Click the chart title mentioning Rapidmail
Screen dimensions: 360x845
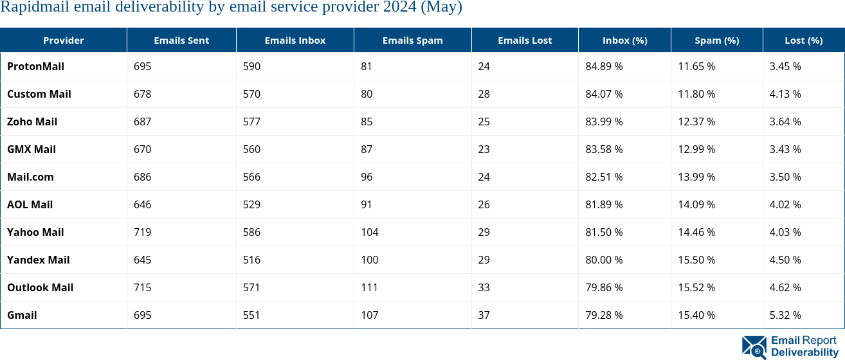pos(231,8)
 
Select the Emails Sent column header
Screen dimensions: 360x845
pos(181,40)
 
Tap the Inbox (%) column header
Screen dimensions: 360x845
pos(624,40)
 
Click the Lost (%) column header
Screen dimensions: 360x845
pos(803,40)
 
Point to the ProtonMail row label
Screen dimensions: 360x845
pos(35,66)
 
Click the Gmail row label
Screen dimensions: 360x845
pos(22,315)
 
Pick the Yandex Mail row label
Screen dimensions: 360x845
pos(38,260)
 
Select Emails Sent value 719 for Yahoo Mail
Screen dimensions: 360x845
pos(142,232)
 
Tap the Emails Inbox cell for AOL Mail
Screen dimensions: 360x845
pos(251,204)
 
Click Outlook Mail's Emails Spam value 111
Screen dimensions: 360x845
pos(369,287)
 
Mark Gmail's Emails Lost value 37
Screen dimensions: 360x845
pos(484,315)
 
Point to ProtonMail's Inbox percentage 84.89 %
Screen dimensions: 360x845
pos(604,66)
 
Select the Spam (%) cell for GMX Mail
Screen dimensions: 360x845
pos(696,149)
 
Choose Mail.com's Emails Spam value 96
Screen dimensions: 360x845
pos(367,177)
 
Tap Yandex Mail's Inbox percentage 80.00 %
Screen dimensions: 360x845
pos(604,260)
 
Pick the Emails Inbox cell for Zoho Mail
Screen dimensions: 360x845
pos(251,122)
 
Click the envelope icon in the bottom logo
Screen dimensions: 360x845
pos(754,346)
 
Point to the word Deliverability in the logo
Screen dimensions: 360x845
pos(804,352)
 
